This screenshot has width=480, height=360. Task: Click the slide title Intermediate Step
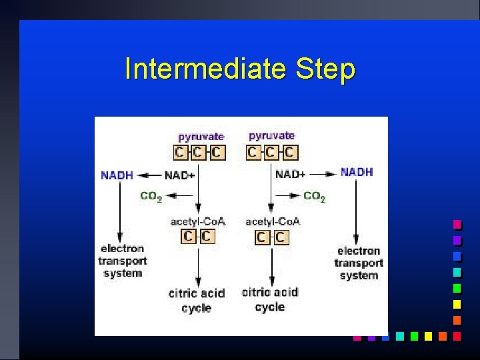coord(240,69)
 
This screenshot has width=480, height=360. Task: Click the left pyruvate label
coord(201,137)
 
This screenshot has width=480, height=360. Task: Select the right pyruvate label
coord(271,136)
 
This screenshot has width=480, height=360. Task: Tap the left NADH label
coord(117,176)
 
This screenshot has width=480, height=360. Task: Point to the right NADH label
coord(357,172)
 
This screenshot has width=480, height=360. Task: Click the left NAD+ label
coord(181,176)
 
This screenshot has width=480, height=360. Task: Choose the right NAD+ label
coord(291,175)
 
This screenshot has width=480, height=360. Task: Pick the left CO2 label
coord(151,197)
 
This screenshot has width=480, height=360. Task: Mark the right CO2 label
coord(315,197)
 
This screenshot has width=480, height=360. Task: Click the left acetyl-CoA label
coord(198,221)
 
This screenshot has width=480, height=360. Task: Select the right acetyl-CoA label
coord(273,221)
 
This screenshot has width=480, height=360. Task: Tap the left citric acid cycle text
coord(196,300)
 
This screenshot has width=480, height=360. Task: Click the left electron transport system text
coord(123,261)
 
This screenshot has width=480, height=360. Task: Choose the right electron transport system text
coord(359,263)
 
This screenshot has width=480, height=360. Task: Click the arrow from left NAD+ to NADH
coord(149,176)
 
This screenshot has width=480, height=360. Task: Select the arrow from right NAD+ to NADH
coord(323,174)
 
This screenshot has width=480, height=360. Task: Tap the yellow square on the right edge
coord(457,304)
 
